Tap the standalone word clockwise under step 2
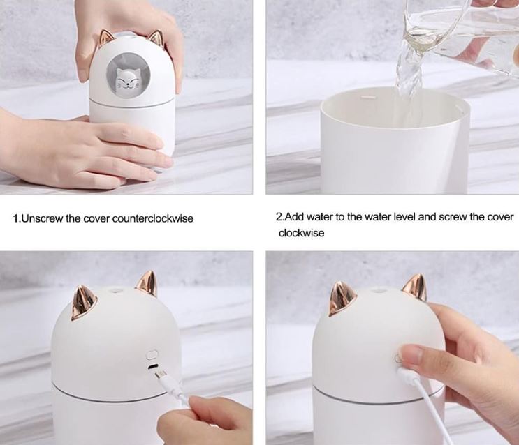click(x=302, y=233)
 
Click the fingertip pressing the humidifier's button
click(x=411, y=357)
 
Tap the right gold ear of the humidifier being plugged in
click(x=146, y=282)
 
